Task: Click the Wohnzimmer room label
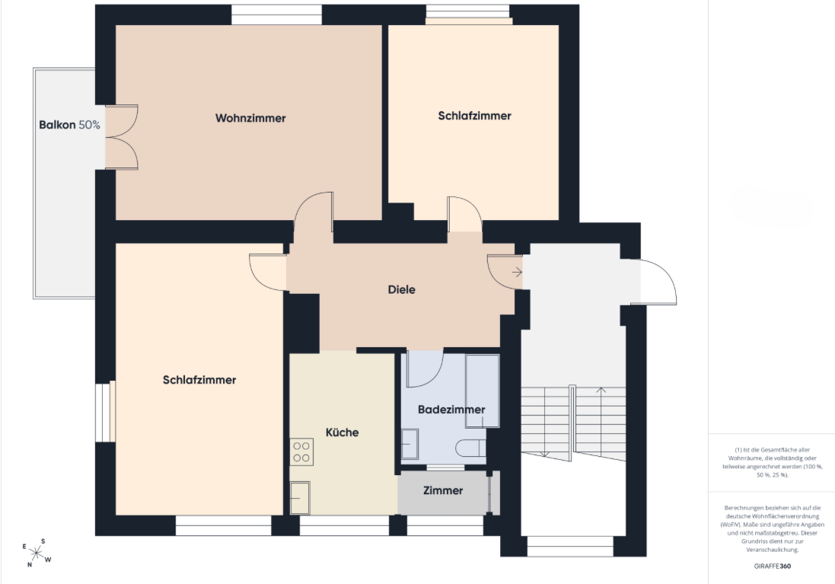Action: click(250, 118)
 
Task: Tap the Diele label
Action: click(402, 290)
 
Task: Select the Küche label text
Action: click(342, 432)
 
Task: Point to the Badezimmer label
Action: click(451, 410)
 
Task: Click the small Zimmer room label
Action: click(443, 491)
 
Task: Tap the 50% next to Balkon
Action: click(90, 125)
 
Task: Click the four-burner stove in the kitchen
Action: click(301, 452)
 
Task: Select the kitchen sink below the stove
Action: click(300, 498)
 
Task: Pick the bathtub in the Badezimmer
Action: click(483, 391)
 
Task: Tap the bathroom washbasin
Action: click(410, 445)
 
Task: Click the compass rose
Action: click(37, 553)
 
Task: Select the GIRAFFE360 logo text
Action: click(772, 566)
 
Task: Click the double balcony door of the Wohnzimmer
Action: click(122, 137)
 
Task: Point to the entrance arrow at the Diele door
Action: click(517, 273)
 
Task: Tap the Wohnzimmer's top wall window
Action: click(276, 14)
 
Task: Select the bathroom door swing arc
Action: click(425, 369)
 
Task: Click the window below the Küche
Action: click(344, 525)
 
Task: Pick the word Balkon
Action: click(58, 125)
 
